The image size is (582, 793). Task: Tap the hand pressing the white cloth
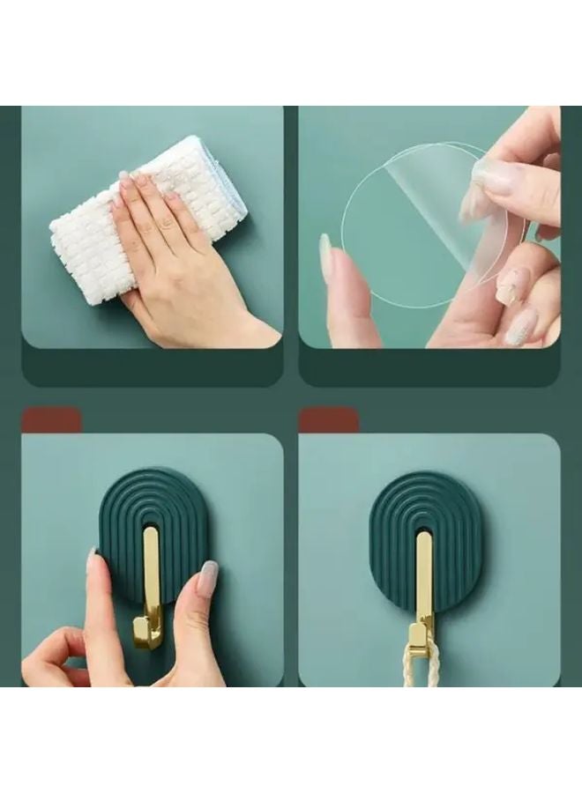(176, 264)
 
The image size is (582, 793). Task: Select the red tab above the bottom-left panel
(51, 420)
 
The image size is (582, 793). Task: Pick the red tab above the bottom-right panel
(329, 420)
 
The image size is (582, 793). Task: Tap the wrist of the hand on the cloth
(247, 330)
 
